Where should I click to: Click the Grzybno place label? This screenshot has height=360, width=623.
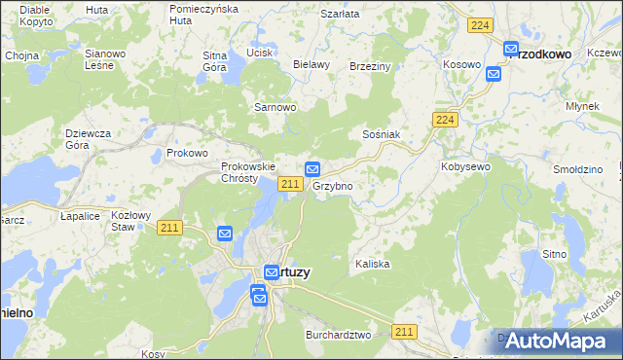pos(332,185)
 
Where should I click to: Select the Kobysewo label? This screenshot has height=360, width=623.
pos(465,166)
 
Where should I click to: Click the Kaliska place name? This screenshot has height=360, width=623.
pos(372,264)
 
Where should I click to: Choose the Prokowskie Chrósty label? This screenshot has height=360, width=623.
pos(239,172)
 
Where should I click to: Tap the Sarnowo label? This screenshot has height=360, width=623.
pos(275,107)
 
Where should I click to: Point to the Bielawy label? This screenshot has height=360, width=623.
pos(311,64)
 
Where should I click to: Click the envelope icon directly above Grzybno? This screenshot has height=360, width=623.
pos(312,168)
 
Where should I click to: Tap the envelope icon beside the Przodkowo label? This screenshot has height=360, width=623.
pos(511,49)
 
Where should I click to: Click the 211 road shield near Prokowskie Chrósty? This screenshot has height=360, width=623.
pos(288,184)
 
